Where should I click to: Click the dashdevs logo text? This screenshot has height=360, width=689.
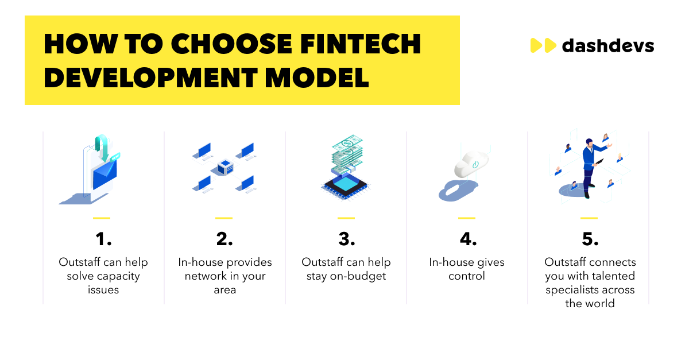(x=608, y=45)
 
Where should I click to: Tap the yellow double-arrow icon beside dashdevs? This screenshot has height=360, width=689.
(x=543, y=45)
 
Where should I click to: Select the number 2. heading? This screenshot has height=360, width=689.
(x=224, y=238)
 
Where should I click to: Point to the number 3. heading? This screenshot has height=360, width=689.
(x=346, y=238)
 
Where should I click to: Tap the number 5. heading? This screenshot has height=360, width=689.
(x=590, y=238)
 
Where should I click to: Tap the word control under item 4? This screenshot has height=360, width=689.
(x=467, y=276)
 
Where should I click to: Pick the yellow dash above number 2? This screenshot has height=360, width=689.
(x=224, y=218)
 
